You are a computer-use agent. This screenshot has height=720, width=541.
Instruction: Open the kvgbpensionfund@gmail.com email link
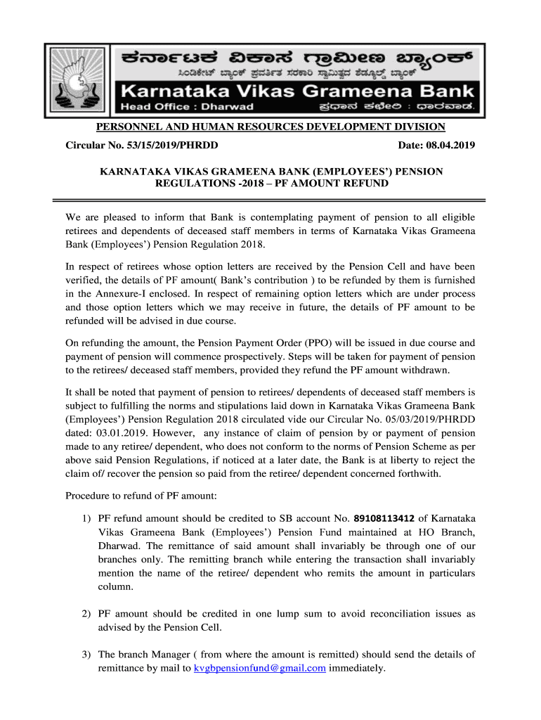tap(259, 668)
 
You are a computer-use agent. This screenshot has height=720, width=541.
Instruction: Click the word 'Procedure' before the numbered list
tap(88, 496)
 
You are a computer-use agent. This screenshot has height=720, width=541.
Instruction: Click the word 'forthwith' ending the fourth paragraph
tap(419, 473)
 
